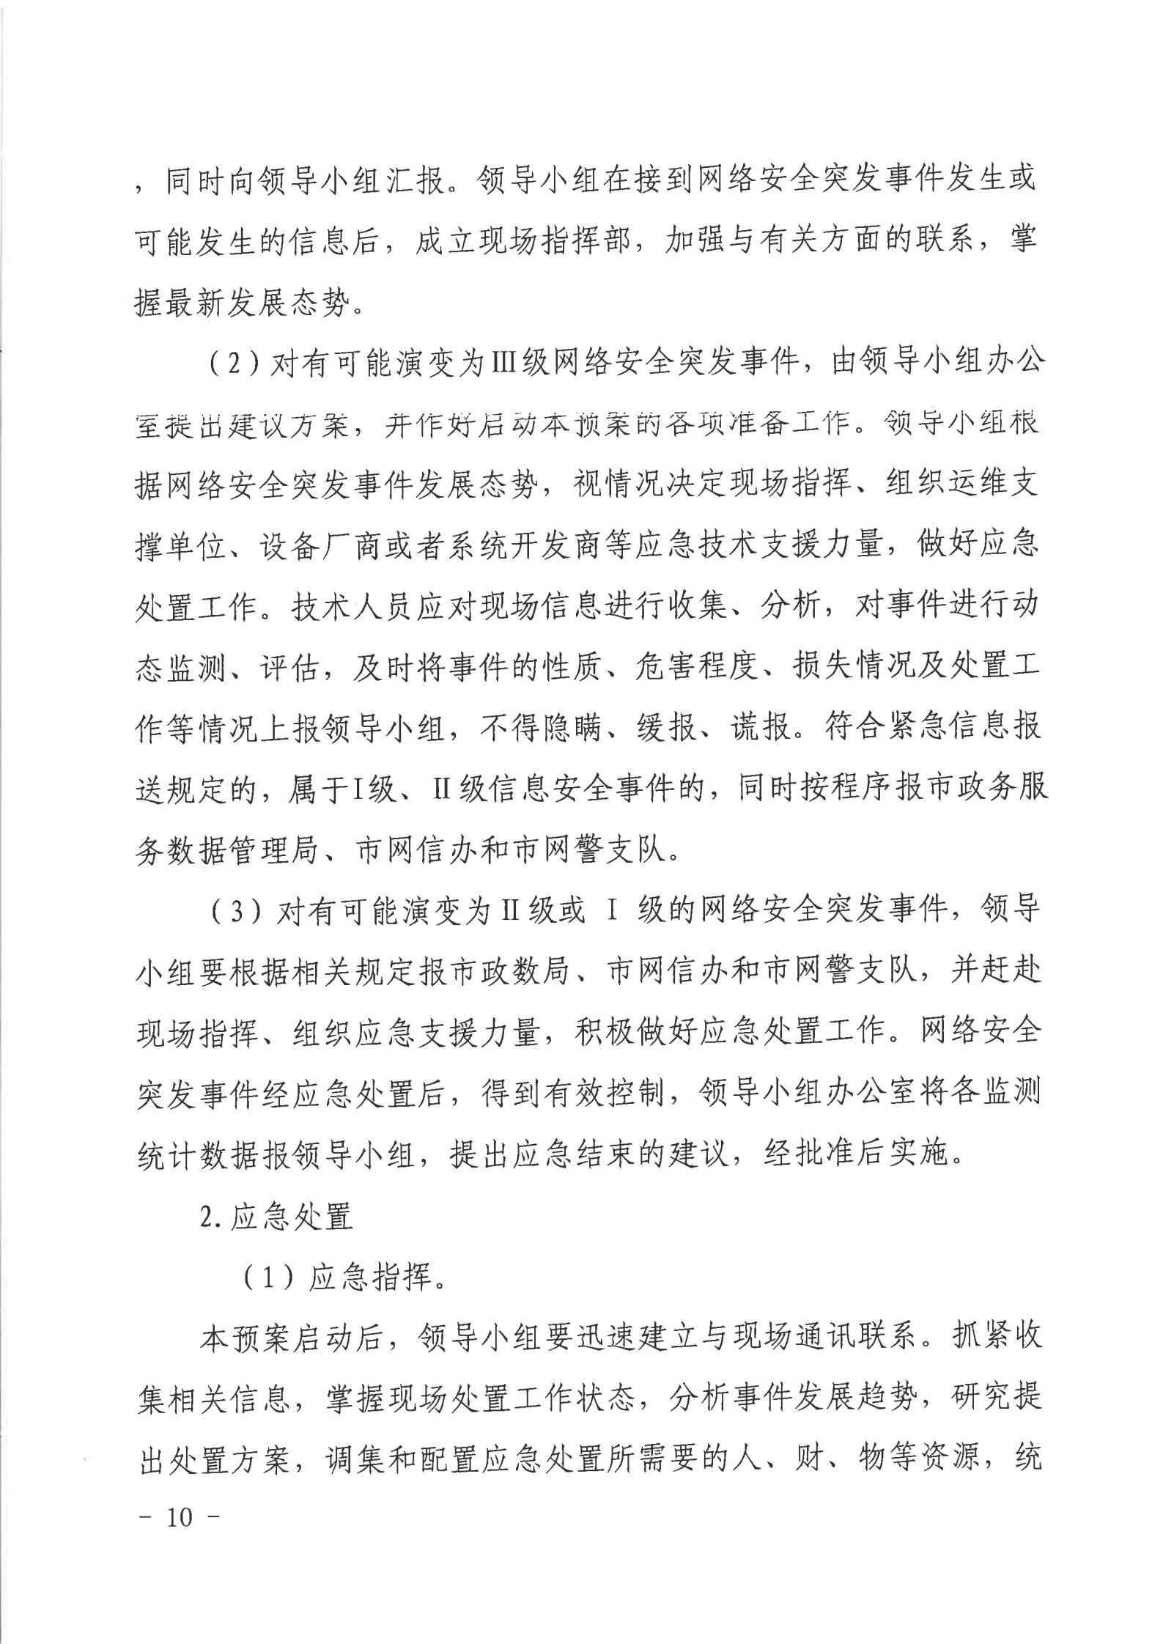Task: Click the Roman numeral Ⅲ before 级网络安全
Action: click(x=502, y=364)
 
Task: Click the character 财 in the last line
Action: click(x=806, y=1460)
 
